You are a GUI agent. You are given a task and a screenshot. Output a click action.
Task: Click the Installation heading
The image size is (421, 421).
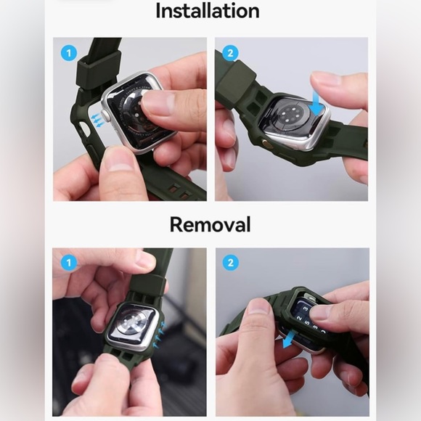click(208, 11)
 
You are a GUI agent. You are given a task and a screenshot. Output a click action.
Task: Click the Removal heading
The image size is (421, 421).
click(210, 224)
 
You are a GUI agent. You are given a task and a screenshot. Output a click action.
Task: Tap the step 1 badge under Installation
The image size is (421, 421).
click(69, 53)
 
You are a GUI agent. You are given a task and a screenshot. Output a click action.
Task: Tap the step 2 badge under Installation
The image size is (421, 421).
click(230, 53)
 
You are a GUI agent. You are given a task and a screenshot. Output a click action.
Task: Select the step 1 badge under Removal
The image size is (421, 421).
click(69, 262)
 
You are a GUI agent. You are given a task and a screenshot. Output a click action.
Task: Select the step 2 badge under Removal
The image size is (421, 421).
click(231, 262)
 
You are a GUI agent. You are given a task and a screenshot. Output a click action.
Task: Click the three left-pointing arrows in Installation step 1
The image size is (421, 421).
click(97, 120)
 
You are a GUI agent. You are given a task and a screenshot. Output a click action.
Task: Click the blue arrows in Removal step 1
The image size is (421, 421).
click(160, 335)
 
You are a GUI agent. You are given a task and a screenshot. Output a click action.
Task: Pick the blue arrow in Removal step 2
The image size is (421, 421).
click(288, 340)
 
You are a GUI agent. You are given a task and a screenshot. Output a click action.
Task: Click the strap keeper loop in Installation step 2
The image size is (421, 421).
click(237, 81)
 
